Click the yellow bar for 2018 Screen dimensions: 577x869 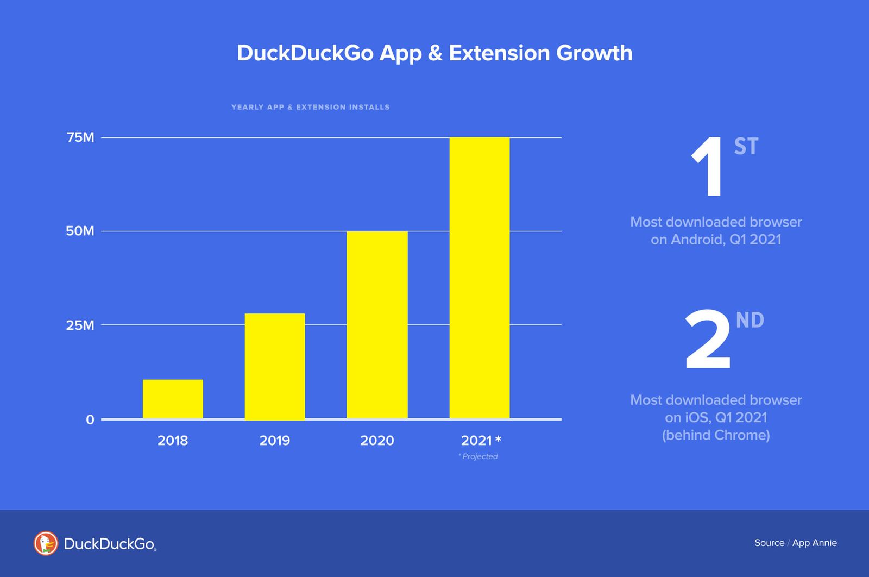click(x=173, y=399)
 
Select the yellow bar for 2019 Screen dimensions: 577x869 click(x=275, y=366)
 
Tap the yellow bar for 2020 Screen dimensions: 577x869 click(x=377, y=325)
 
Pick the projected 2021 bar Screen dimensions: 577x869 click(x=480, y=278)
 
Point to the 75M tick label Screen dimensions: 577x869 click(x=80, y=137)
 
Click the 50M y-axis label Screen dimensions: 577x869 click(x=80, y=231)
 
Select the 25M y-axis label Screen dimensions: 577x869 click(x=80, y=325)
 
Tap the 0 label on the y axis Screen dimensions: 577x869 click(x=90, y=419)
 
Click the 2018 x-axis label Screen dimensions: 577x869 click(x=173, y=440)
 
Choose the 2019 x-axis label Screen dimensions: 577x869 click(x=275, y=440)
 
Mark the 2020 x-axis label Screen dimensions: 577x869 click(x=377, y=440)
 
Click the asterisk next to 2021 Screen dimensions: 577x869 click(x=498, y=439)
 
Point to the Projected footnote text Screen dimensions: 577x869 click(x=478, y=456)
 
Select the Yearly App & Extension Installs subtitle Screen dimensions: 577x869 click(x=310, y=107)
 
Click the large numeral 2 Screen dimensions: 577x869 click(x=708, y=341)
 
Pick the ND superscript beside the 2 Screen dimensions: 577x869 click(x=750, y=320)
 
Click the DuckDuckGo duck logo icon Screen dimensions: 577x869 click(x=46, y=543)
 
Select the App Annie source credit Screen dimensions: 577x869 click(x=814, y=543)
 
